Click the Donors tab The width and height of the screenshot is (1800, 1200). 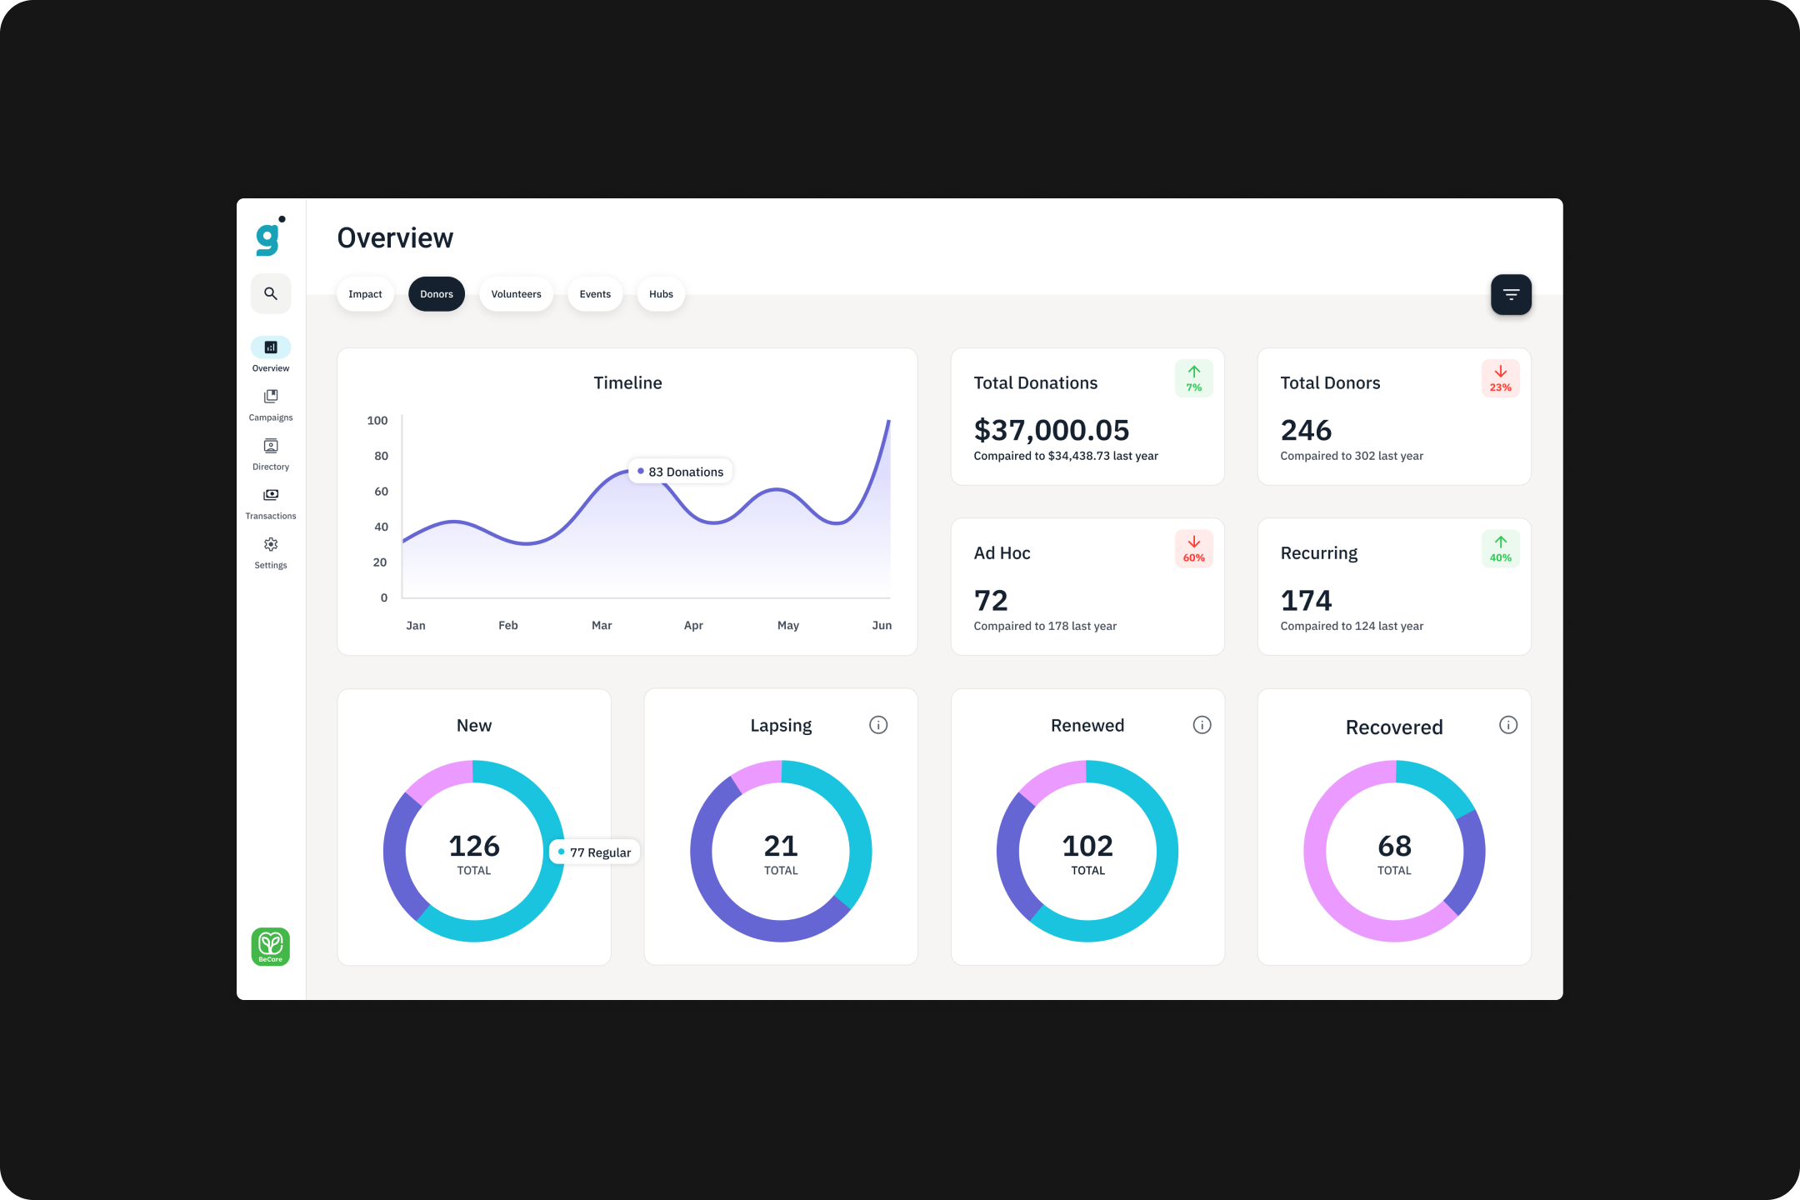coord(436,294)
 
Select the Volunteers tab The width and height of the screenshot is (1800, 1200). coord(516,294)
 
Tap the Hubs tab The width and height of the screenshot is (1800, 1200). coord(661,294)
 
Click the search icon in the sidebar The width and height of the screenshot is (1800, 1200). coord(271,293)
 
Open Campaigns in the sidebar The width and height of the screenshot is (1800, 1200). coord(271,404)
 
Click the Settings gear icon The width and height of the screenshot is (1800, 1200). coord(271,545)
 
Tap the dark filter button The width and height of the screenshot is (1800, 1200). coord(1511,294)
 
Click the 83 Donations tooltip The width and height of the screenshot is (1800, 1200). coord(681,472)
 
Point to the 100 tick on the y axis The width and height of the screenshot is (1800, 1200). coord(377,421)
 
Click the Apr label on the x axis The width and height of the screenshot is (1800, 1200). coord(693,625)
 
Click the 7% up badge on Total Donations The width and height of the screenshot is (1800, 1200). coord(1193,378)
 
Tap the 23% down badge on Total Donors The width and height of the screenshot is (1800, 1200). coord(1500,378)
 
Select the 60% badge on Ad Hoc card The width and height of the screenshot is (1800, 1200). coord(1193,548)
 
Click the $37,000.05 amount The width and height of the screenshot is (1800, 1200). coord(1051,430)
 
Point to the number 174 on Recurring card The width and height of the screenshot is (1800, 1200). coord(1306,600)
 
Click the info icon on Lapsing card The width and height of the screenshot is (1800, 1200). coord(878,725)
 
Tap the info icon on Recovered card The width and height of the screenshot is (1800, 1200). coord(1508,725)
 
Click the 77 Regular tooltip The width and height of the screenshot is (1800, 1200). coord(595,852)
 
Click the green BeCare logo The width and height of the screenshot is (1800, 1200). coord(271,947)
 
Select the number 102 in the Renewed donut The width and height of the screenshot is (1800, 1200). coord(1087,846)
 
